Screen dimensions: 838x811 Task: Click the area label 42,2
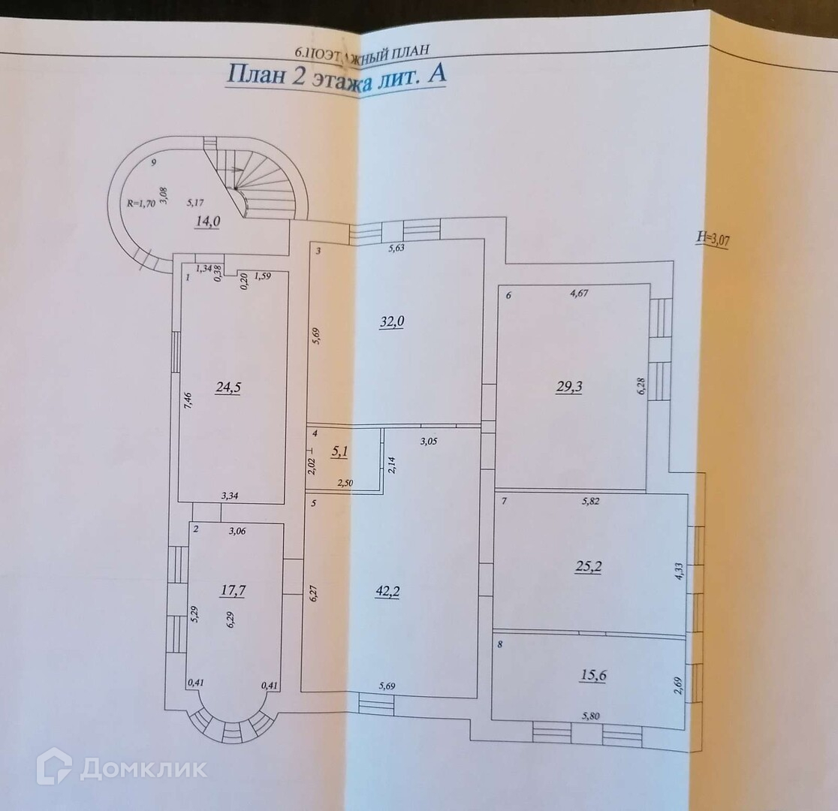(x=387, y=592)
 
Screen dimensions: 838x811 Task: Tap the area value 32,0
(x=391, y=321)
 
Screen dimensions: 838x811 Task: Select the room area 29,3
(x=570, y=387)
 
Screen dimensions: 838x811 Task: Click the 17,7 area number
(x=233, y=590)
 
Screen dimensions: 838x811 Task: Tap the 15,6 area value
(x=592, y=675)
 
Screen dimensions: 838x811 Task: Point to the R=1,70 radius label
(x=141, y=202)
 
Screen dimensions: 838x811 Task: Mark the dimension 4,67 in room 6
(x=578, y=294)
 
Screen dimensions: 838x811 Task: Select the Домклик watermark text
(x=143, y=768)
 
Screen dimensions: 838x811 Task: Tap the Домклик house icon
(x=54, y=767)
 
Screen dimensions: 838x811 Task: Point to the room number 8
(x=499, y=644)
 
